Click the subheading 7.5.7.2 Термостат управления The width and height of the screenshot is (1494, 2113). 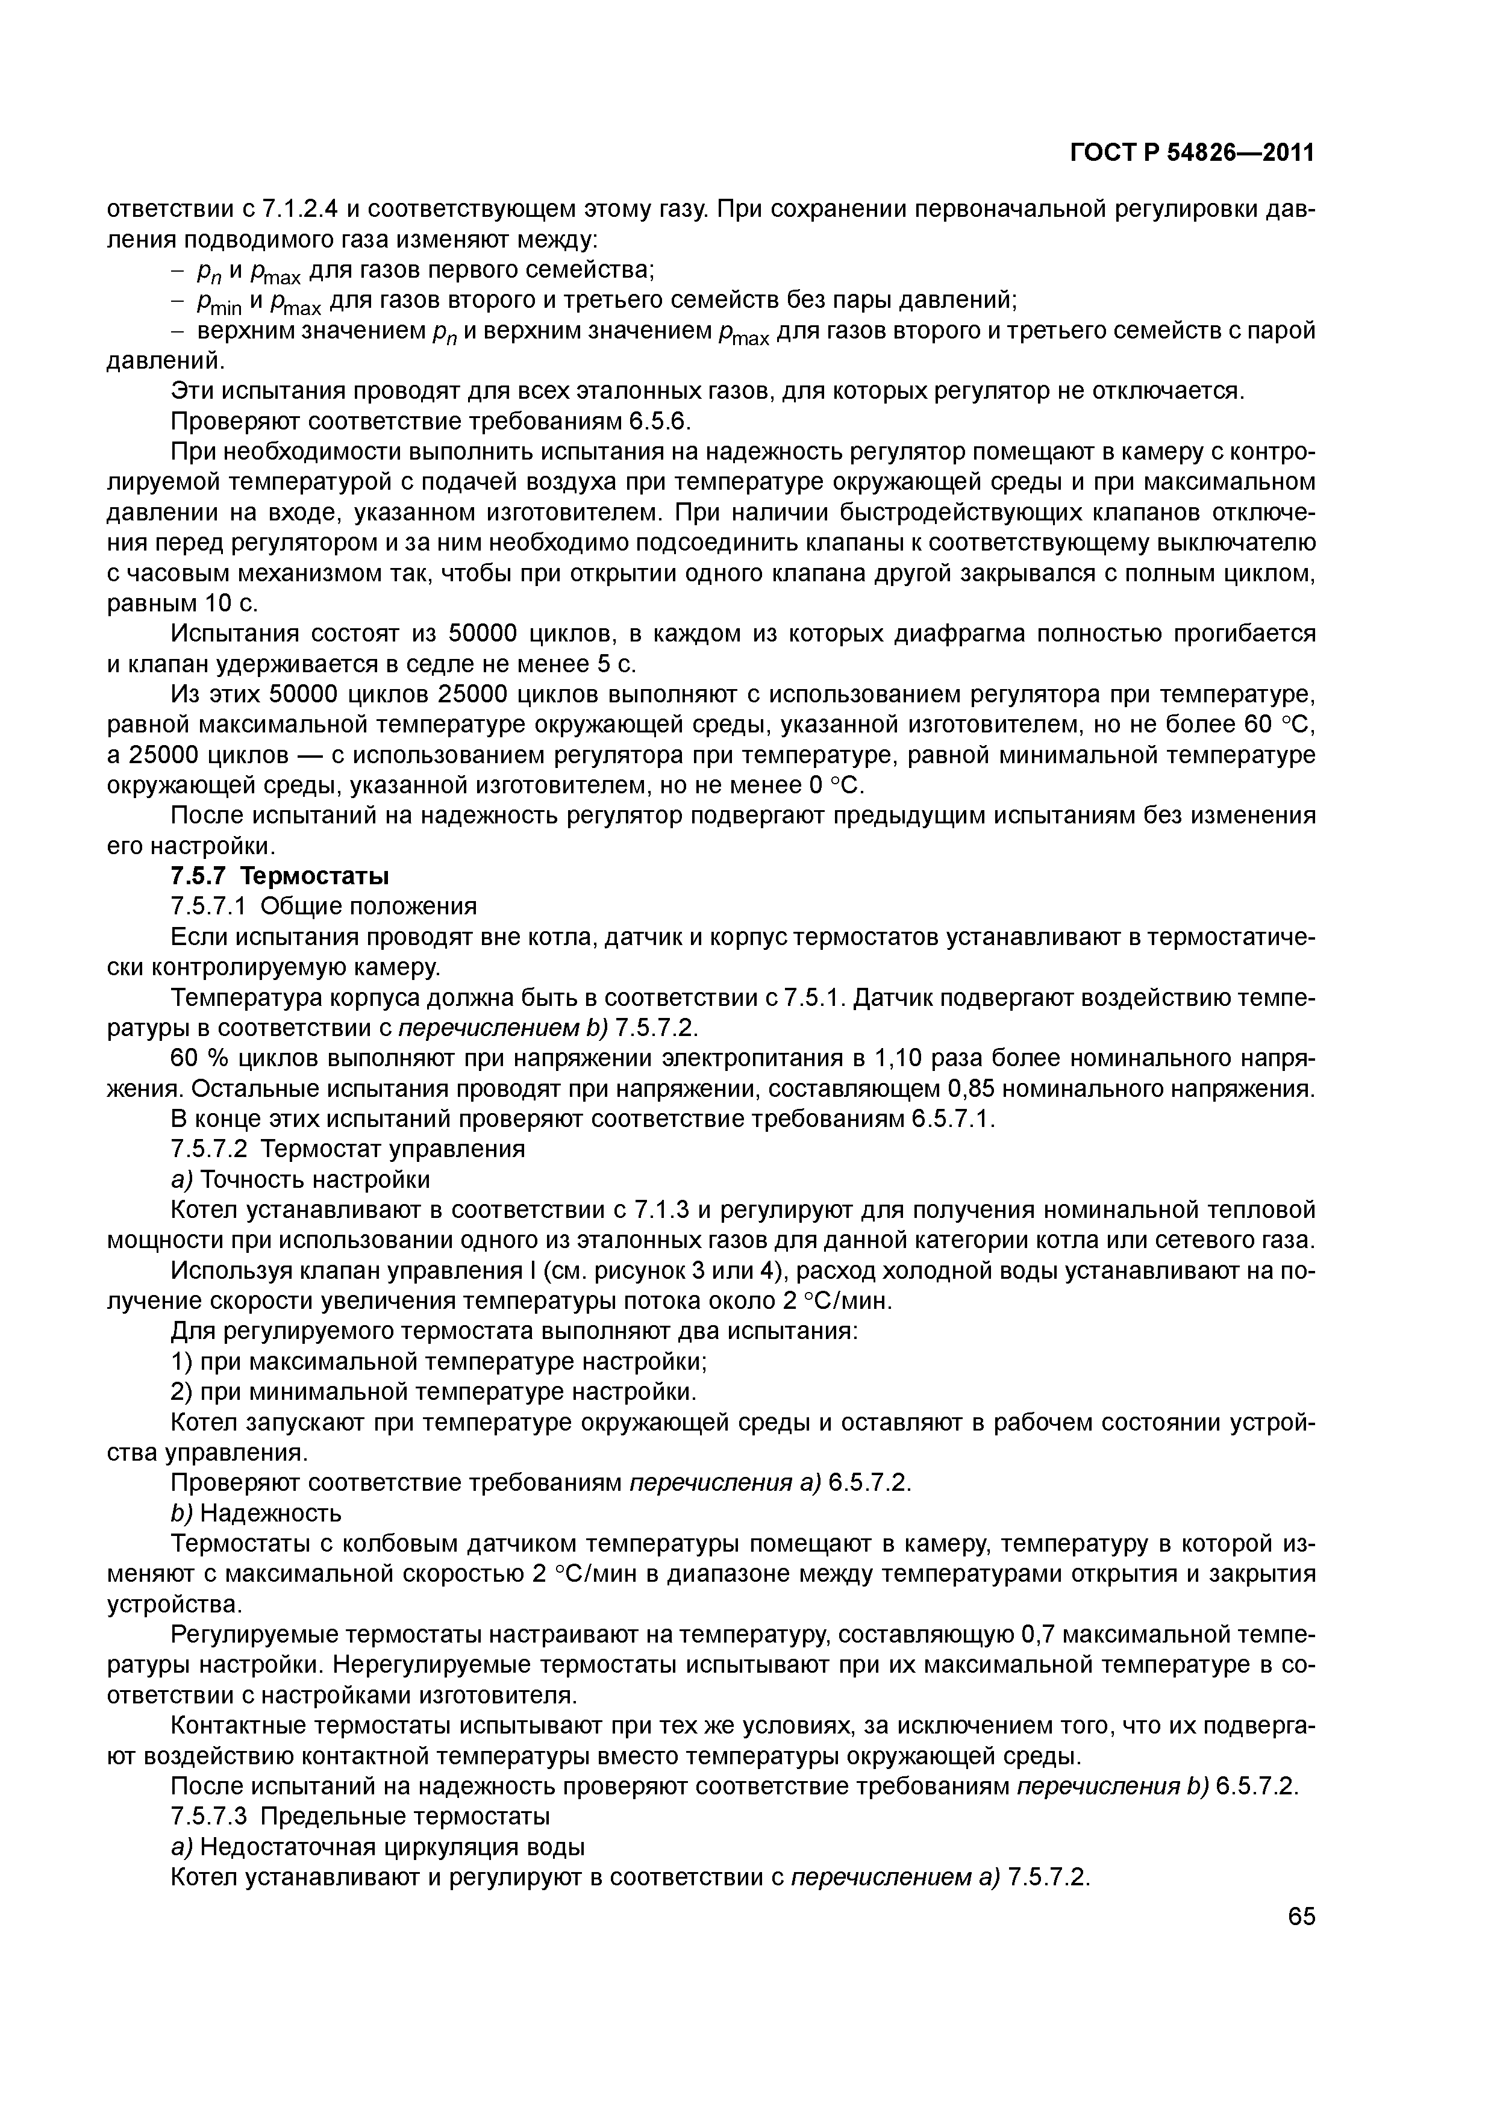point(348,1149)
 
